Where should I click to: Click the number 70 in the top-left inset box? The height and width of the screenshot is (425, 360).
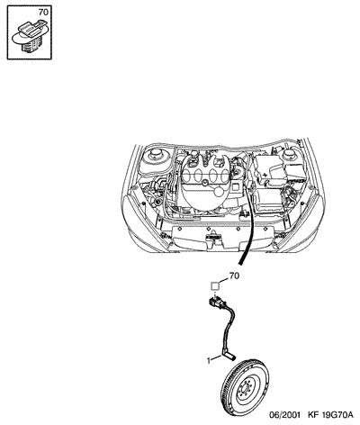tap(43, 13)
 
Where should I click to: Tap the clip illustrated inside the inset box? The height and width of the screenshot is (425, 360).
tap(29, 36)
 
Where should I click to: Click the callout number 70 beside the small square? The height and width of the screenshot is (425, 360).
tap(234, 276)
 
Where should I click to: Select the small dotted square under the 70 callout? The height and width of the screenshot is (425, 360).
tap(215, 285)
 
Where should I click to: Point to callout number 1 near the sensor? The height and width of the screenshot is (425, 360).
tap(209, 360)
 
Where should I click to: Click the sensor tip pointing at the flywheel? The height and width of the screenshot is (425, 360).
tap(232, 357)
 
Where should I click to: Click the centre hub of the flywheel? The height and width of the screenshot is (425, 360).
tap(244, 389)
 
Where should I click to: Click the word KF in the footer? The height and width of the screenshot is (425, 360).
tap(313, 415)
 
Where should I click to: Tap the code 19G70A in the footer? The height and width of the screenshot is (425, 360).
tap(337, 415)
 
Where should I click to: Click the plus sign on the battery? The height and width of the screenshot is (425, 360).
tap(265, 175)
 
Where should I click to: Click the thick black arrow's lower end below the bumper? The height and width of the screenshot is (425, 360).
tap(240, 264)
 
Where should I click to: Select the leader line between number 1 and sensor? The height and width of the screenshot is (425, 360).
tap(217, 357)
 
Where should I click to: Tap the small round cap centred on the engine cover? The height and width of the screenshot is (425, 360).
tap(205, 183)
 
